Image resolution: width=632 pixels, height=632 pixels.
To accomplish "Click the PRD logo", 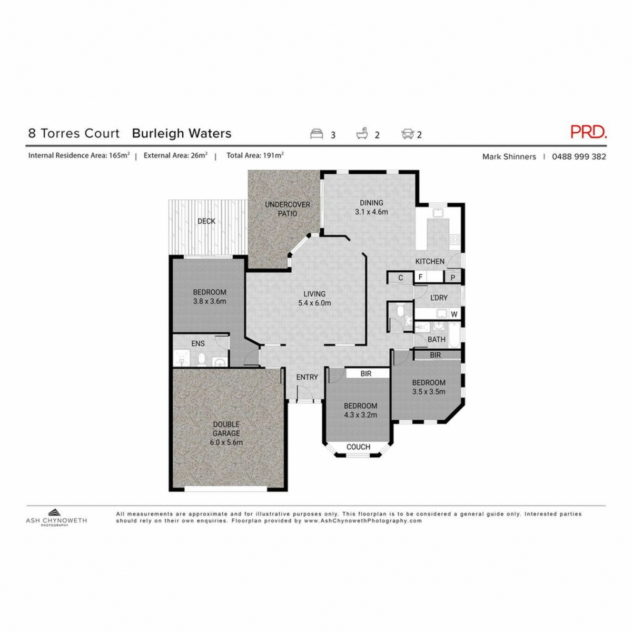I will (x=588, y=132).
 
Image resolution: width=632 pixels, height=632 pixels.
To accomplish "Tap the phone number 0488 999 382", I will (x=579, y=156).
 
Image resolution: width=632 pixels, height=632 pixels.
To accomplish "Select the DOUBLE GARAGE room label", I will (x=226, y=429).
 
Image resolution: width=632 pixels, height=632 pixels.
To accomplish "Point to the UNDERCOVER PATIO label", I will (x=288, y=209).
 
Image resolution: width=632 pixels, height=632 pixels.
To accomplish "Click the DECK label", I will (x=206, y=221).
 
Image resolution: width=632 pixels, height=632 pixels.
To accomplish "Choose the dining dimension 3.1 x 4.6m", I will (x=371, y=212).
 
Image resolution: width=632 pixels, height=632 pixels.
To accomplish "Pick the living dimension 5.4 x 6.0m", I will (x=314, y=303).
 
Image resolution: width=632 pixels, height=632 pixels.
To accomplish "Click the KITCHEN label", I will (x=430, y=261).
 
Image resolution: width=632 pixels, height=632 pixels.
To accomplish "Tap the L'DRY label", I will (x=439, y=298).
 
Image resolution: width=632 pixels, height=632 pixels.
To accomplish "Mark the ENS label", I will (x=198, y=343).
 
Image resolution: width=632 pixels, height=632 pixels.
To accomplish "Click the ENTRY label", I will (x=307, y=377).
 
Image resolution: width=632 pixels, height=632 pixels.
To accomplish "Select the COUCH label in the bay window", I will (x=358, y=447).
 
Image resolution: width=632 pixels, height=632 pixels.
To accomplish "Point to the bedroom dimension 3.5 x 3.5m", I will (x=429, y=391).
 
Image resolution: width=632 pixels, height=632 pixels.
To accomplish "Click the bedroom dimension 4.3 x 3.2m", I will (x=361, y=414).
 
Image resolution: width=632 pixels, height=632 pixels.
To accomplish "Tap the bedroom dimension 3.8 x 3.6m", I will (x=210, y=301).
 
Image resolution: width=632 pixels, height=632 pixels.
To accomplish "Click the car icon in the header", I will (x=407, y=134).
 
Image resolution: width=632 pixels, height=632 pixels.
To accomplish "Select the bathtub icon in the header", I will (x=362, y=134).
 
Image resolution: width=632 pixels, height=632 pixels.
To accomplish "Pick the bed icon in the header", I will (x=317, y=134).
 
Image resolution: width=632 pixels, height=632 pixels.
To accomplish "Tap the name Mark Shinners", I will (x=509, y=156).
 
